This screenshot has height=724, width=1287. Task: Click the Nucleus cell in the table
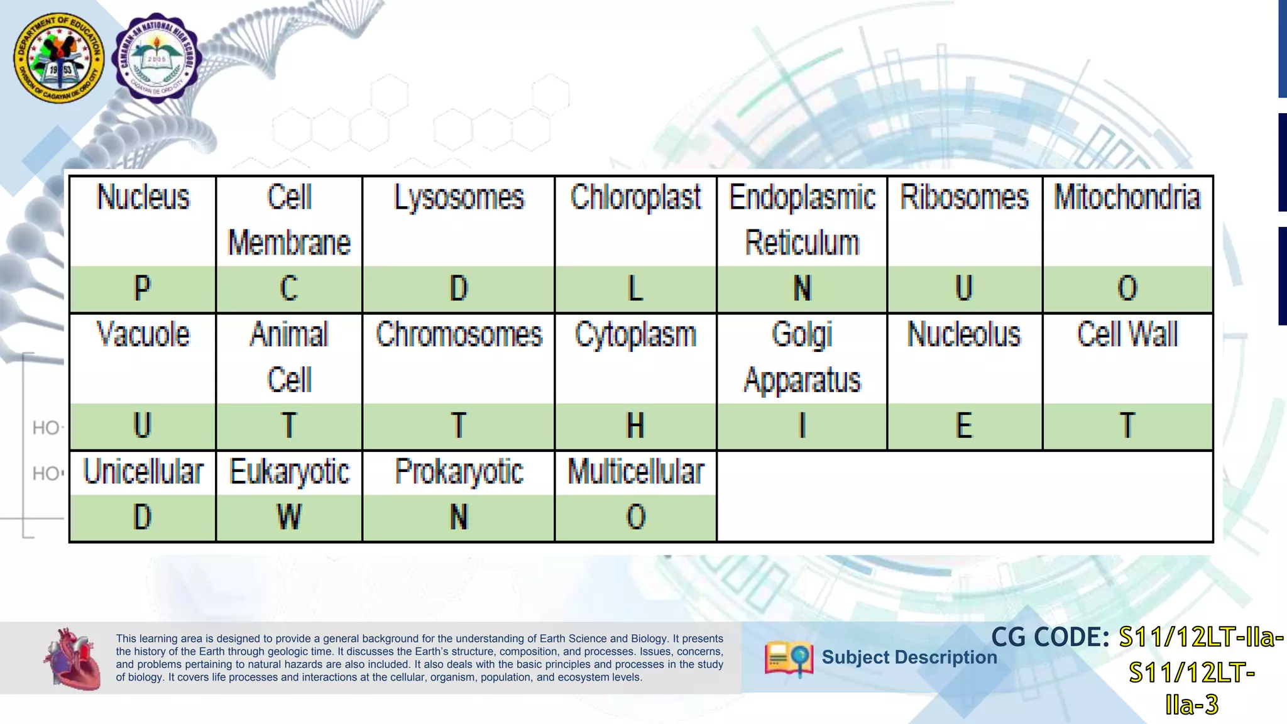pos(143,198)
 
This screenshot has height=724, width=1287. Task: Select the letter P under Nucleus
pos(143,289)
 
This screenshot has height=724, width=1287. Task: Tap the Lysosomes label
pos(459,198)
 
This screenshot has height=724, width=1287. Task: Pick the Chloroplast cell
pos(635,198)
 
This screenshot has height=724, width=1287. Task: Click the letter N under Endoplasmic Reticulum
pos(802,289)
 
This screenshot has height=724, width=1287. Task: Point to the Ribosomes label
pos(964,198)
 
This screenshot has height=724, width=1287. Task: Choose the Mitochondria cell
pos(1127,198)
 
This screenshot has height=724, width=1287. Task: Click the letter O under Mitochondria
pos(1127,289)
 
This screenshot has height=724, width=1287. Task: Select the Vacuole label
pos(143,335)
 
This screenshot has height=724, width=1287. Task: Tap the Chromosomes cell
pos(459,335)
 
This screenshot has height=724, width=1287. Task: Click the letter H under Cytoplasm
pos(635,426)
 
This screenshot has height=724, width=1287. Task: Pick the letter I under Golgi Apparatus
pos(802,426)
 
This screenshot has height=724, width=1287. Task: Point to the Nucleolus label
pos(964,335)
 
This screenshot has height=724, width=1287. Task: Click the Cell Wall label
pos(1127,335)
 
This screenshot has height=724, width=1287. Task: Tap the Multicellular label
pos(635,472)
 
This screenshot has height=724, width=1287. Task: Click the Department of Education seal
pos(59,58)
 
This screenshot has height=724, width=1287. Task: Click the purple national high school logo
pos(156,58)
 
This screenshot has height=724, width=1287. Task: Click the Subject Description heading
pos(909,657)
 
